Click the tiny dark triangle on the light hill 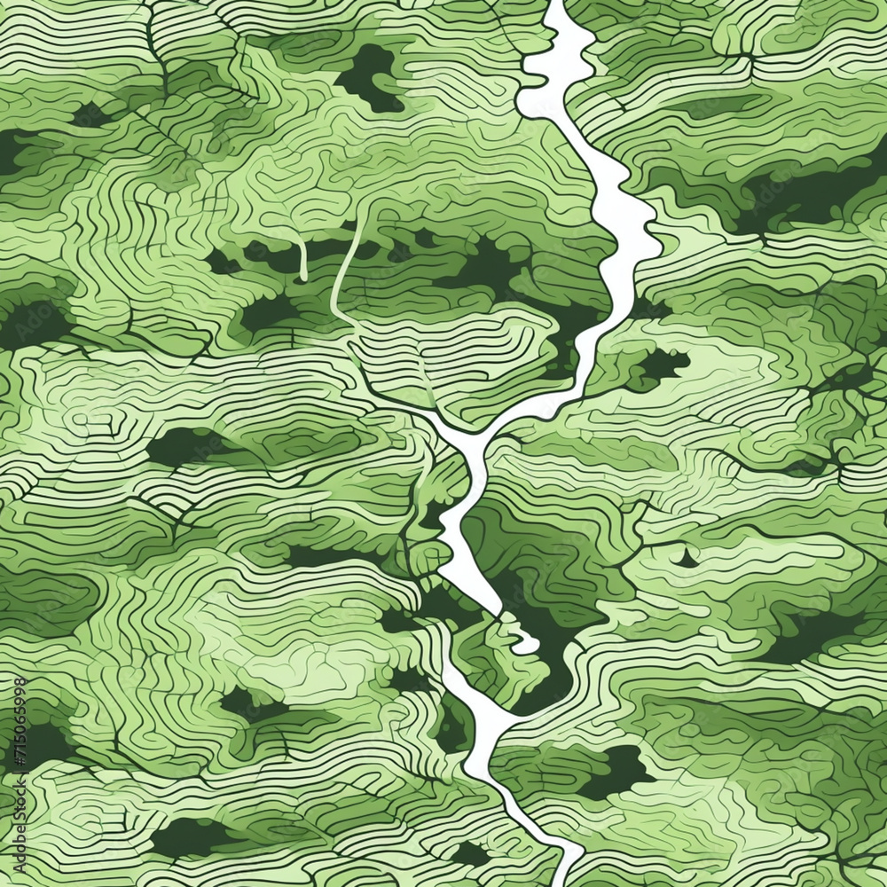[x=686, y=559]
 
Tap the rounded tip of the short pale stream [x=302, y=276]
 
